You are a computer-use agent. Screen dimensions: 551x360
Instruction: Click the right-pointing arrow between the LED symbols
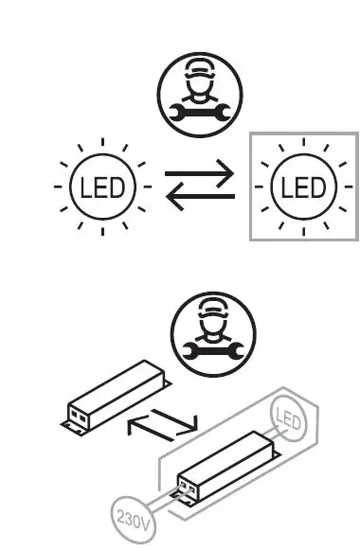point(199,173)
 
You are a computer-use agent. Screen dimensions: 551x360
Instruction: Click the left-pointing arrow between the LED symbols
point(199,198)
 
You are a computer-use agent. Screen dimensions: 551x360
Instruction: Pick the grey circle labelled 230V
point(129,519)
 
